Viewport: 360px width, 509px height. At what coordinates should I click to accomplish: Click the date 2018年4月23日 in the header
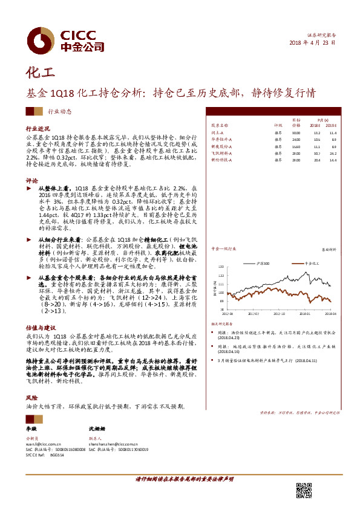point(312,44)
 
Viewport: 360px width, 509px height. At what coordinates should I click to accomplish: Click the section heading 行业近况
point(36,129)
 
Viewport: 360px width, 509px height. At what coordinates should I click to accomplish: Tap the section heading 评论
point(31,181)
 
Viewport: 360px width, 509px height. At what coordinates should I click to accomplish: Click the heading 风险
point(31,398)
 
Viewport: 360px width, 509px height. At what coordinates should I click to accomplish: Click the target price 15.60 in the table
point(296,146)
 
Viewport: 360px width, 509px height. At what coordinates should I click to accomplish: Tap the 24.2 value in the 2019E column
point(333,154)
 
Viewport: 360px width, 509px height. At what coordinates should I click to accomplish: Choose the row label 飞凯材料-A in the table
point(221,154)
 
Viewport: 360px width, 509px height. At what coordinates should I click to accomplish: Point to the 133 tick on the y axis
point(221,265)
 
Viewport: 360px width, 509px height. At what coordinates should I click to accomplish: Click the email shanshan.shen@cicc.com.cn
point(119,444)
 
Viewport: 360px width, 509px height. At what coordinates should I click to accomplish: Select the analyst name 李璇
point(31,427)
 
